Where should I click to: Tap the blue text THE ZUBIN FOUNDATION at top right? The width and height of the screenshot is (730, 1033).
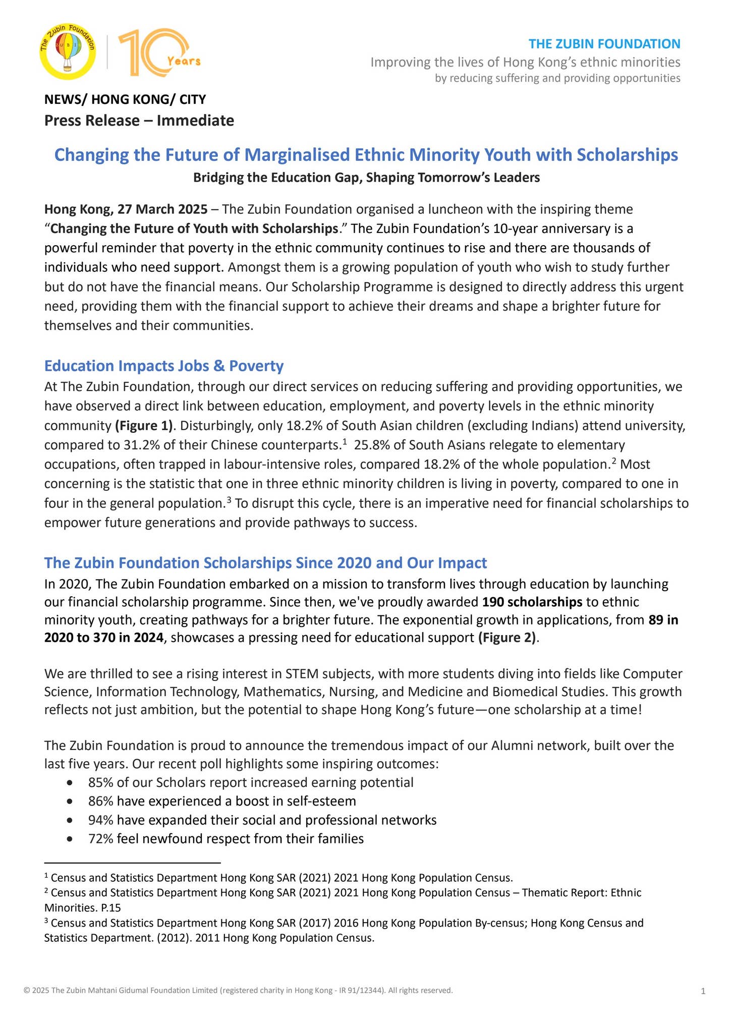pyautogui.click(x=604, y=44)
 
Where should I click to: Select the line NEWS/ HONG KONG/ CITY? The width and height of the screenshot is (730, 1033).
pyautogui.click(x=125, y=99)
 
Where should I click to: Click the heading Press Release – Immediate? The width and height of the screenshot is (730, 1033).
pyautogui.click(x=139, y=121)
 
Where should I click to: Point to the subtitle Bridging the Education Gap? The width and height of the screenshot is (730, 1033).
pyautogui.click(x=366, y=178)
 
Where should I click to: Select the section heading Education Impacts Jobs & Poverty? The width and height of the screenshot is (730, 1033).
pyautogui.click(x=164, y=366)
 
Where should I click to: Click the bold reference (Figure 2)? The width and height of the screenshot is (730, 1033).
pyautogui.click(x=508, y=638)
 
